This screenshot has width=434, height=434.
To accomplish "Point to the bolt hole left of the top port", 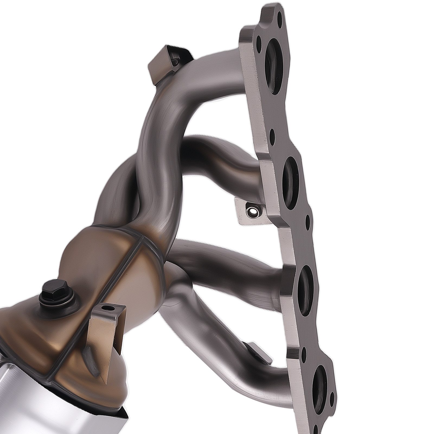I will [260, 44].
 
